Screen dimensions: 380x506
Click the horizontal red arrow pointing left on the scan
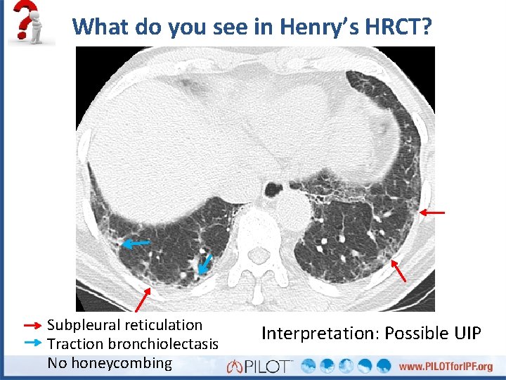[x=433, y=211]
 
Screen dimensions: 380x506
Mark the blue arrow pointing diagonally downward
[x=205, y=264]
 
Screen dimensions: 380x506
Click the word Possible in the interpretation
[x=408, y=332]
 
